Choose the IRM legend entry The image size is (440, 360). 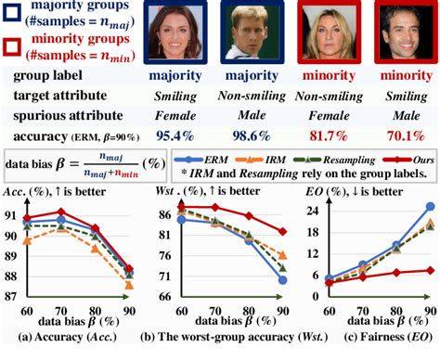[x=298, y=159]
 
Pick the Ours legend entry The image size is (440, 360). [x=410, y=159]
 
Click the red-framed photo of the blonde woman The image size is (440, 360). [x=329, y=34]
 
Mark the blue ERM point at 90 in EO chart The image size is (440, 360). [x=430, y=206]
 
